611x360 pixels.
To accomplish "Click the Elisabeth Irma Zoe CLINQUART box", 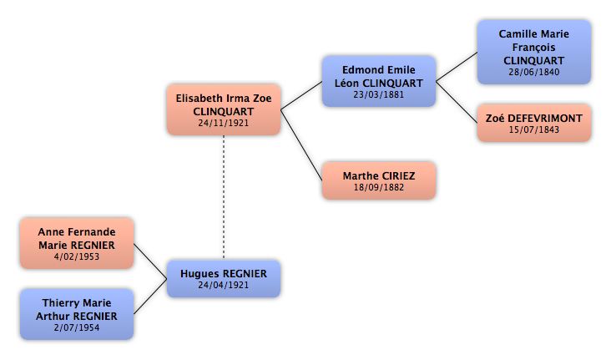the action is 224,109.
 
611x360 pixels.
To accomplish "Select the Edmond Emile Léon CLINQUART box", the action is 379,81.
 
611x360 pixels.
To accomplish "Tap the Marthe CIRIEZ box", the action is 379,180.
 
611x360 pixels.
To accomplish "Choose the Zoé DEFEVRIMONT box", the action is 534,123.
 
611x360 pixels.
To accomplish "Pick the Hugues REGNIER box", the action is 224,278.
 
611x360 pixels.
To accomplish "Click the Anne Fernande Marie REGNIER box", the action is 77,243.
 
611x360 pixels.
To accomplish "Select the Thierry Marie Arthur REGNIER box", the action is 77,314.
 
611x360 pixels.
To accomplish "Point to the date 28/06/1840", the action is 534,72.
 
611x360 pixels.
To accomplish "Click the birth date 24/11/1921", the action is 223,123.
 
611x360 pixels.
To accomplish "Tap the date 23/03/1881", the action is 379,94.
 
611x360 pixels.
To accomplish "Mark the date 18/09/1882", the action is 379,187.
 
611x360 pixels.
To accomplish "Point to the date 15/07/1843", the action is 534,129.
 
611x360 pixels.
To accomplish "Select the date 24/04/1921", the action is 223,285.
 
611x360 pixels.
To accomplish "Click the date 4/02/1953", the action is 77,256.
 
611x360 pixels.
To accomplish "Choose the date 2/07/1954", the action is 77,327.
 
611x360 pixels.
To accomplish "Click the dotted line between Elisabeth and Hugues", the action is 224,197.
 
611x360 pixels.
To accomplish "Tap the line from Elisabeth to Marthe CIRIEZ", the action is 301,145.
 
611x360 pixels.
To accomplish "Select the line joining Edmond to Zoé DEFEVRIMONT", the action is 457,102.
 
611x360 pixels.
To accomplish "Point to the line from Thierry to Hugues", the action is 150,297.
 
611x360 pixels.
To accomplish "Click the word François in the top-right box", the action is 534,48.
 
